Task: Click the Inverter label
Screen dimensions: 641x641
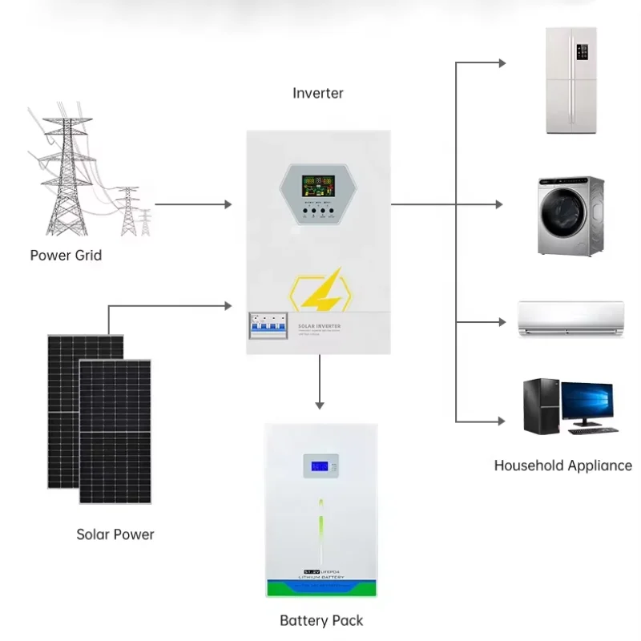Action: pos(318,93)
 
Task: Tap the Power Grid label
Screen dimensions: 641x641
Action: pos(66,256)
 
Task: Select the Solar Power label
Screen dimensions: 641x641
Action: pos(115,534)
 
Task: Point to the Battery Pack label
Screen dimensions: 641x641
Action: pos(321,620)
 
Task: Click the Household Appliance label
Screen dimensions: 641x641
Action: pos(562,466)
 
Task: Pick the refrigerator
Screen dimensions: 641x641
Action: pos(572,80)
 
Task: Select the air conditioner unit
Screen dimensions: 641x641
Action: pos(570,318)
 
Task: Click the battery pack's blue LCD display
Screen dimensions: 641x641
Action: pos(320,466)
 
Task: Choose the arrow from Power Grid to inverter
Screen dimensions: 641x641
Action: pos(192,204)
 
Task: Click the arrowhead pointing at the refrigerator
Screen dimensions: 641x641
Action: pos(502,62)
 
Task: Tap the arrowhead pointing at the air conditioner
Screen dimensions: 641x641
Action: pos(502,322)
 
